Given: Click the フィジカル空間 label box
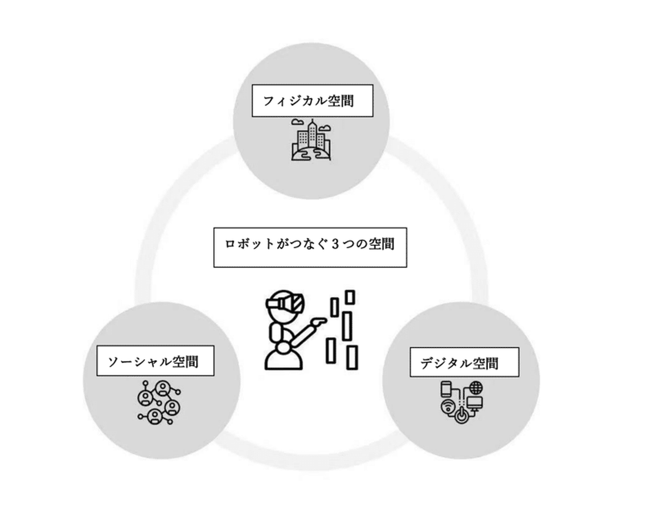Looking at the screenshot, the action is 312,101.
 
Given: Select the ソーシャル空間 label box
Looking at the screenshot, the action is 155,361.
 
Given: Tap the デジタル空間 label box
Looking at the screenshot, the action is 464,362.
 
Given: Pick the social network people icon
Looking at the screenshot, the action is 159,402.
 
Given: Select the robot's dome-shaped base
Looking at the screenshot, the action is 283,359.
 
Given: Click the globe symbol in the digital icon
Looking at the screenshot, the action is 476,388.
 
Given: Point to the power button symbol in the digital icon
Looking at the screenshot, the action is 461,415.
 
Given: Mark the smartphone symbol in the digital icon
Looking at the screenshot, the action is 446,389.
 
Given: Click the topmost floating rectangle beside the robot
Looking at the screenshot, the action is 350,297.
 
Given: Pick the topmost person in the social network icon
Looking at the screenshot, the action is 162,388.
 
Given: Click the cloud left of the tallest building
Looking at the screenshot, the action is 297,122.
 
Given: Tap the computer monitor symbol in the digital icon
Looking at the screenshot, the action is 475,403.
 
